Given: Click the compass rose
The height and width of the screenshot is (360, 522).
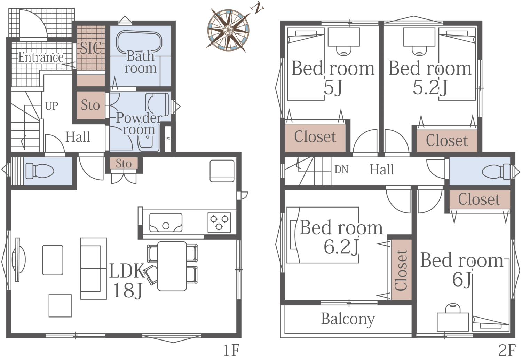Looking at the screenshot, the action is pos(228,30).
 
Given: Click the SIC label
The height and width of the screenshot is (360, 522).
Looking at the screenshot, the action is pos(91,48).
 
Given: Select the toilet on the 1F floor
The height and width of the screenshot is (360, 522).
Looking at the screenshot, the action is pos(40,171).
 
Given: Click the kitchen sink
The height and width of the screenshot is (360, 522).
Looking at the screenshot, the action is pos(166,223).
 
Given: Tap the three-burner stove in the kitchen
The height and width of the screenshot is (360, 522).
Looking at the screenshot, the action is pos(219,222).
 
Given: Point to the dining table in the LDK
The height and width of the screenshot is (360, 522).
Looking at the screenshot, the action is pos(172,266).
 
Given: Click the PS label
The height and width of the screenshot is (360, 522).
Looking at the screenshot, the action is pos(168,139).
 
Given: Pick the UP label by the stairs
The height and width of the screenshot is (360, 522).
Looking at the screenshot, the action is pos(52,106).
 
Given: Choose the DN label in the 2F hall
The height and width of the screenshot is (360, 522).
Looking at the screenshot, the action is pos(341,170).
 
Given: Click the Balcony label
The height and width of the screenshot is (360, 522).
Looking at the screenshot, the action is pos(348,319).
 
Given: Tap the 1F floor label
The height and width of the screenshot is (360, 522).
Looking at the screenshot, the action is pos(231,351).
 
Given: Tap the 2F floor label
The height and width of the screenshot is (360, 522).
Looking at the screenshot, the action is pos(507,351).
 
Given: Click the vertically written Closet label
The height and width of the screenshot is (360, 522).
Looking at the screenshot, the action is pos(401,270).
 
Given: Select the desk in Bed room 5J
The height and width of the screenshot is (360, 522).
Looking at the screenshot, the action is pos(344,37).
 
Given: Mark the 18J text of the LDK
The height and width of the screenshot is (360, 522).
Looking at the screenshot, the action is pos(128,290).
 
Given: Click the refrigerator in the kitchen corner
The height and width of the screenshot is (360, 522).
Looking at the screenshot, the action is pos(222,171).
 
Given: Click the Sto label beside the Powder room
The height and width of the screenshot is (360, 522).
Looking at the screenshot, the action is pos(90,105).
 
